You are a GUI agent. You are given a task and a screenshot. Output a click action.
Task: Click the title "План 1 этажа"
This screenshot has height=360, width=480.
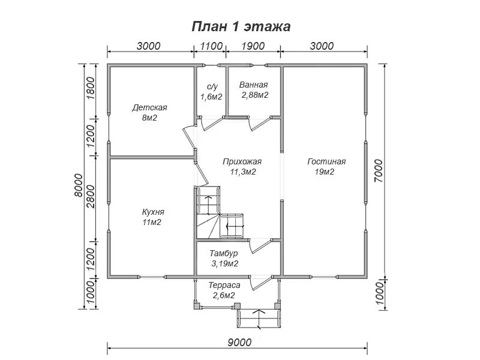pos(241,26)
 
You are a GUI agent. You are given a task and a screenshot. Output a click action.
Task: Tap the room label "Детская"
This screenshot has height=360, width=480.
pos(149,108)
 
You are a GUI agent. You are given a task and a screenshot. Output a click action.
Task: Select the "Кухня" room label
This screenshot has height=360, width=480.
pos(153,212)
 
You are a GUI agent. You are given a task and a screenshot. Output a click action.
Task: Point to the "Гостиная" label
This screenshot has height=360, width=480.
pos(327,162)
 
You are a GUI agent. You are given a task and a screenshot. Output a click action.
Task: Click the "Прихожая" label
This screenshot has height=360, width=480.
pos(242,161)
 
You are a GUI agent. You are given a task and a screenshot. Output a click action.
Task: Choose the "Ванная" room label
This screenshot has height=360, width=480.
pos(253,85)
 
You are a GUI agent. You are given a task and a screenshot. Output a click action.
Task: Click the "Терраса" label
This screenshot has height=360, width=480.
pos(224,286)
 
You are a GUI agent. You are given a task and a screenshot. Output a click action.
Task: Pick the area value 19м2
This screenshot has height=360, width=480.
pos(325,172)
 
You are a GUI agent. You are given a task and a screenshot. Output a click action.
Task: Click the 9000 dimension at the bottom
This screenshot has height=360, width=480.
pos(239,342)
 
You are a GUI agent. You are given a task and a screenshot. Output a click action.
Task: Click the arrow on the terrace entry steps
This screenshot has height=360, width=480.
pos(259,314)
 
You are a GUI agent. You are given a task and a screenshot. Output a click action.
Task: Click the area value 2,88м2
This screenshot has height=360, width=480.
pos(254,95)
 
